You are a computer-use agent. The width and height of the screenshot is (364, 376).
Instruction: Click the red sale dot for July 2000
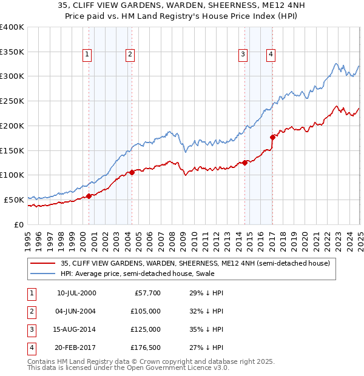(x=89, y=195)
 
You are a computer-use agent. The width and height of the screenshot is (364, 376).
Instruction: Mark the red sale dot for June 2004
(x=132, y=172)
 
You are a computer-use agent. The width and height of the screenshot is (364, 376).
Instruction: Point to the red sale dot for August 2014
(x=245, y=162)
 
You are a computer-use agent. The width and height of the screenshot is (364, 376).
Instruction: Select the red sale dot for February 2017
(x=272, y=137)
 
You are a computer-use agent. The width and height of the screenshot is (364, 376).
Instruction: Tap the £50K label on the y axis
(x=14, y=200)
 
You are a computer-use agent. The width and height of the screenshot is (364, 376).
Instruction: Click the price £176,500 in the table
(x=144, y=348)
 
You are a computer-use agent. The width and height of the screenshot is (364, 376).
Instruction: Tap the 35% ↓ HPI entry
(x=206, y=330)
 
